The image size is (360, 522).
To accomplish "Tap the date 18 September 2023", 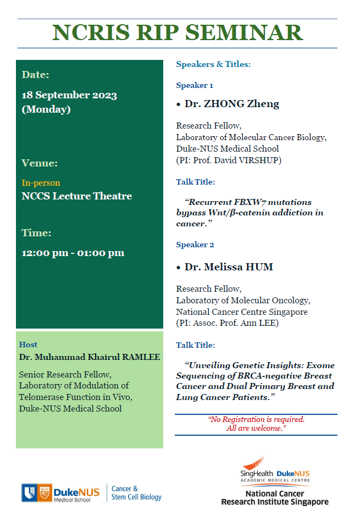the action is pyautogui.click(x=69, y=95).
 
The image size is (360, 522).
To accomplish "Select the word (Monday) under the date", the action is pyautogui.click(x=46, y=109).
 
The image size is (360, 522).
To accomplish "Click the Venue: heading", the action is pyautogui.click(x=40, y=163).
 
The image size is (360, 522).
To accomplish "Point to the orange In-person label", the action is pyautogui.click(x=41, y=182).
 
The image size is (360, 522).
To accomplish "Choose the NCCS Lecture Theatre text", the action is pyautogui.click(x=77, y=196).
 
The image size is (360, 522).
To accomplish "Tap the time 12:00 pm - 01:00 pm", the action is pyautogui.click(x=73, y=253).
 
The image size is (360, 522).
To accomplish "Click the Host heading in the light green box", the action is pyautogui.click(x=28, y=345).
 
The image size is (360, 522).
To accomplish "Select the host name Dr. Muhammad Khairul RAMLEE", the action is pyautogui.click(x=90, y=357).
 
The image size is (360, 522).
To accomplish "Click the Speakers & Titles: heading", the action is pyautogui.click(x=213, y=64).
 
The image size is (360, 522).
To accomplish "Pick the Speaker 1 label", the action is pyautogui.click(x=195, y=85).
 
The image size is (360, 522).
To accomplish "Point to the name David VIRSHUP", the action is pyautogui.click(x=257, y=160).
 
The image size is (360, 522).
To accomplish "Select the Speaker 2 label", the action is pyautogui.click(x=195, y=245).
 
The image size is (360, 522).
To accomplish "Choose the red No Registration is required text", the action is pyautogui.click(x=256, y=419).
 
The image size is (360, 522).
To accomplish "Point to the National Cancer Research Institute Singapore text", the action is pyautogui.click(x=275, y=498).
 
